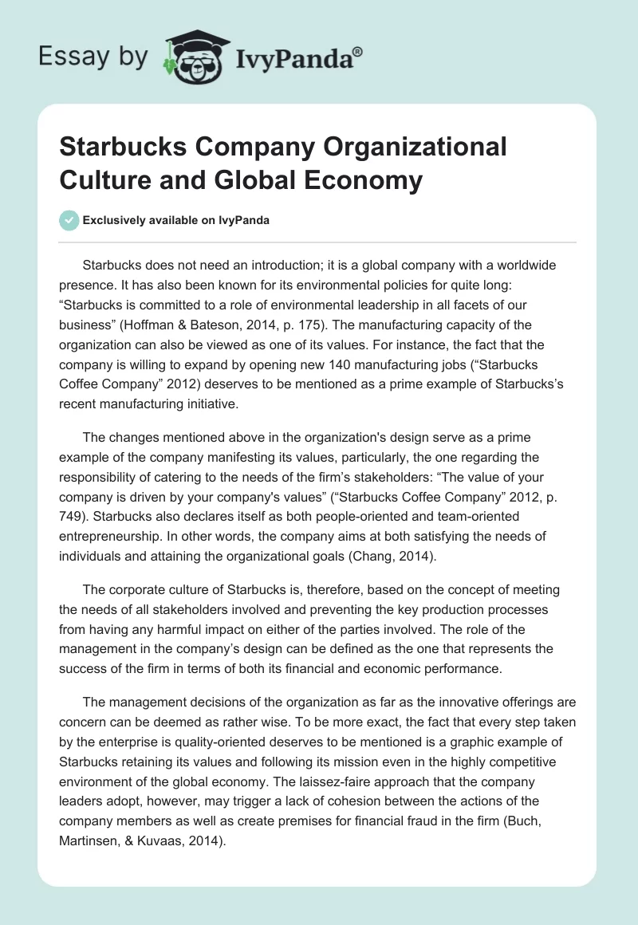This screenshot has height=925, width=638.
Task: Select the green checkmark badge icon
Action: (x=69, y=221)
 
